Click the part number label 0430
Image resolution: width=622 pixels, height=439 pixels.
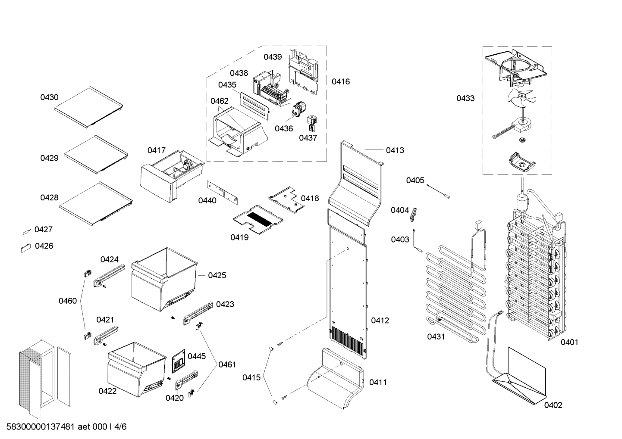point(49,97)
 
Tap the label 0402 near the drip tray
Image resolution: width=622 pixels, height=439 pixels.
point(553,405)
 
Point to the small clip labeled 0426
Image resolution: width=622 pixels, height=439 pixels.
point(25,247)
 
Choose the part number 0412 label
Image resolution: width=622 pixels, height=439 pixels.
point(380,321)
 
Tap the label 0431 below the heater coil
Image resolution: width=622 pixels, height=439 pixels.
point(436,336)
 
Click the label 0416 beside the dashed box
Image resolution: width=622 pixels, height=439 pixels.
point(341,81)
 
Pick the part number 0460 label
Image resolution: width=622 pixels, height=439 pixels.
point(68,301)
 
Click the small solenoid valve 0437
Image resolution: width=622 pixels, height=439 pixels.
point(311,123)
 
